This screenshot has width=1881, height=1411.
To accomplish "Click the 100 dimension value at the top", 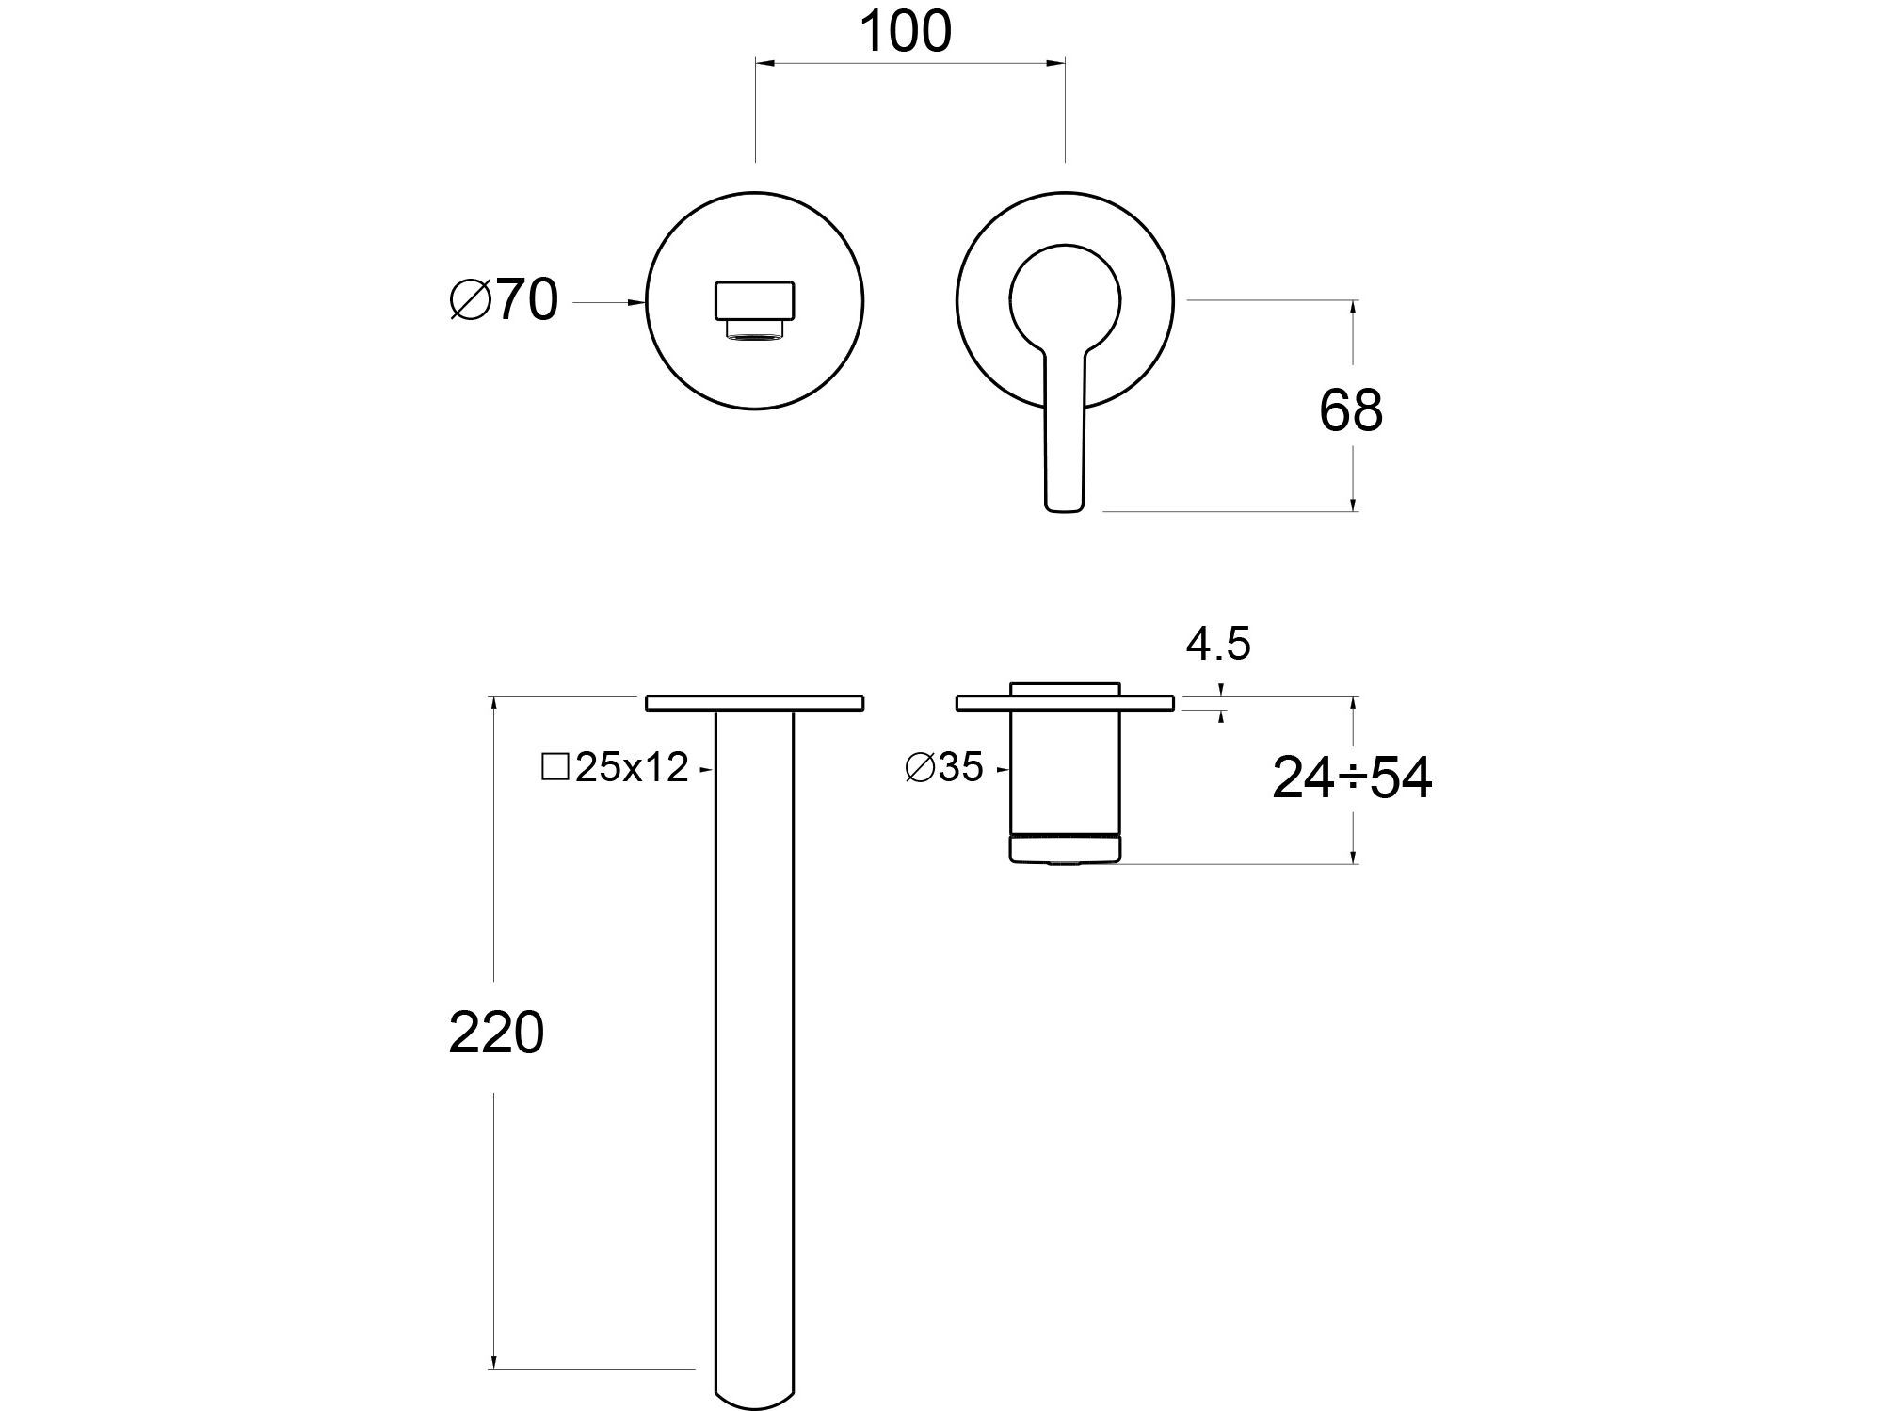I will click(x=906, y=32).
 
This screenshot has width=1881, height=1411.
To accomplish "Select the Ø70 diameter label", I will click(x=504, y=301).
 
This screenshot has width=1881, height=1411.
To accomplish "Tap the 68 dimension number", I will click(x=1350, y=410).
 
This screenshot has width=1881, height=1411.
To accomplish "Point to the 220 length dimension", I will click(x=496, y=1033).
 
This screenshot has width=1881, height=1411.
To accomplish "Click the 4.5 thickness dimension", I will click(x=1217, y=645).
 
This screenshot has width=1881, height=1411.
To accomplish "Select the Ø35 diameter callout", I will click(x=943, y=767).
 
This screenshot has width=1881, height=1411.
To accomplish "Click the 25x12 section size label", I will click(x=632, y=768).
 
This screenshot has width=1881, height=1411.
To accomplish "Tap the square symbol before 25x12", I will click(x=555, y=767).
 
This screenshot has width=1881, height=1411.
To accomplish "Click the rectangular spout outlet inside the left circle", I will click(x=755, y=301).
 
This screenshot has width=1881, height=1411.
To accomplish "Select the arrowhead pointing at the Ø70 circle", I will click(x=637, y=302).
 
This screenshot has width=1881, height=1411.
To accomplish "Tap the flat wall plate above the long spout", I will click(x=754, y=702).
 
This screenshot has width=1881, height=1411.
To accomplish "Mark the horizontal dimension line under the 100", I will click(x=909, y=63).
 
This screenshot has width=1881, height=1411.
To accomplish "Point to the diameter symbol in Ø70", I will click(x=470, y=301).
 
